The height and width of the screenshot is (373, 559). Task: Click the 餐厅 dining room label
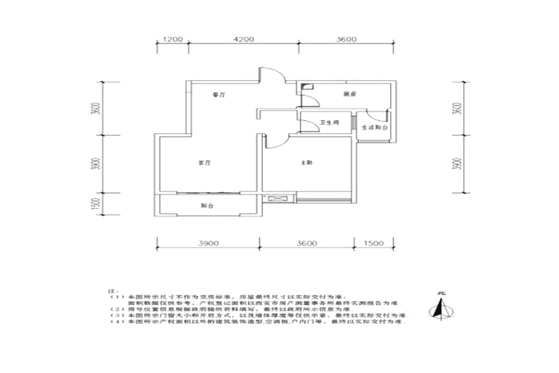pyautogui.click(x=217, y=95)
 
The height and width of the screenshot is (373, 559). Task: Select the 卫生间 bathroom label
pyautogui.click(x=329, y=123)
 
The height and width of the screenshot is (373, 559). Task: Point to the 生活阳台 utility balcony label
pyautogui.click(x=375, y=127)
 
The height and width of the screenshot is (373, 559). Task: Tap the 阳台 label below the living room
pyautogui.click(x=206, y=205)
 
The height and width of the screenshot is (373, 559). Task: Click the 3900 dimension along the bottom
pyautogui.click(x=209, y=243)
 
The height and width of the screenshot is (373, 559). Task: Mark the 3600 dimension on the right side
pyautogui.click(x=458, y=109)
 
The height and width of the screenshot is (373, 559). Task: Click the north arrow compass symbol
pyautogui.click(x=442, y=307)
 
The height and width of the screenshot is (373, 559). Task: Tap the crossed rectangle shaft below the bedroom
pyautogui.click(x=276, y=199)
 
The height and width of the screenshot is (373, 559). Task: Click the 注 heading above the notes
pyautogui.click(x=112, y=290)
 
